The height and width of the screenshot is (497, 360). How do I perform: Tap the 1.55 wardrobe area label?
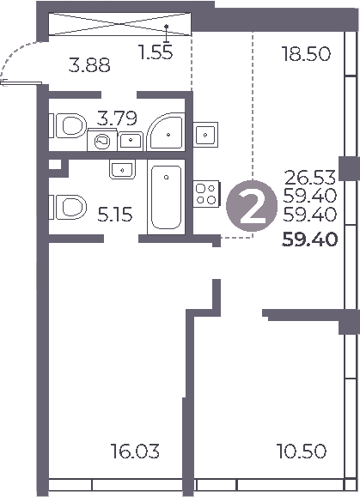coord(156,52)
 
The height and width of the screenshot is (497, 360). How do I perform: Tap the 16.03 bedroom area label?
coord(136,451)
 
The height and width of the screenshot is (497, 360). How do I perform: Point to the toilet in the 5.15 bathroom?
coord(67,207)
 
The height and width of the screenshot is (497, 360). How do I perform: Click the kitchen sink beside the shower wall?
coord(207,134)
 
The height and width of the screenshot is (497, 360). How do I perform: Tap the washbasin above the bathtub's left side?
coord(122,169)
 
